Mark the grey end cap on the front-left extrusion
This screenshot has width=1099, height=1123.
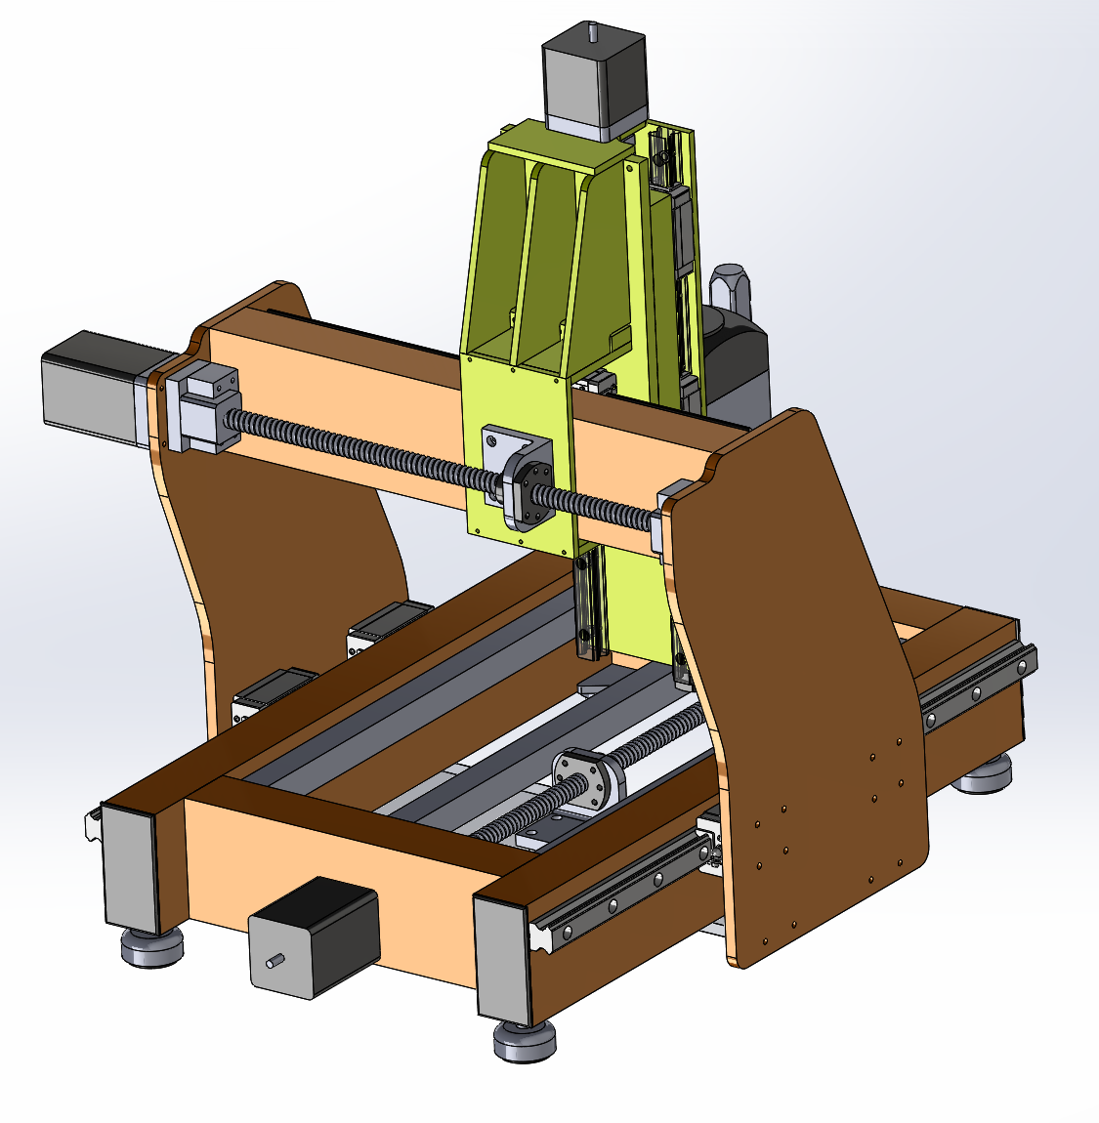pos(130,869)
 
